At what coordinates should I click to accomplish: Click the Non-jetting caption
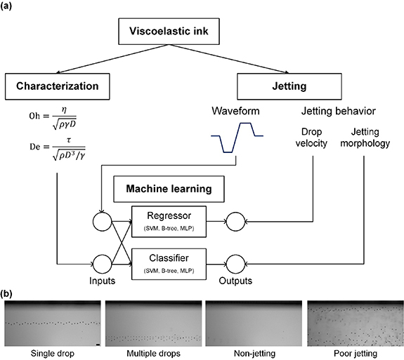click(253, 352)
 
